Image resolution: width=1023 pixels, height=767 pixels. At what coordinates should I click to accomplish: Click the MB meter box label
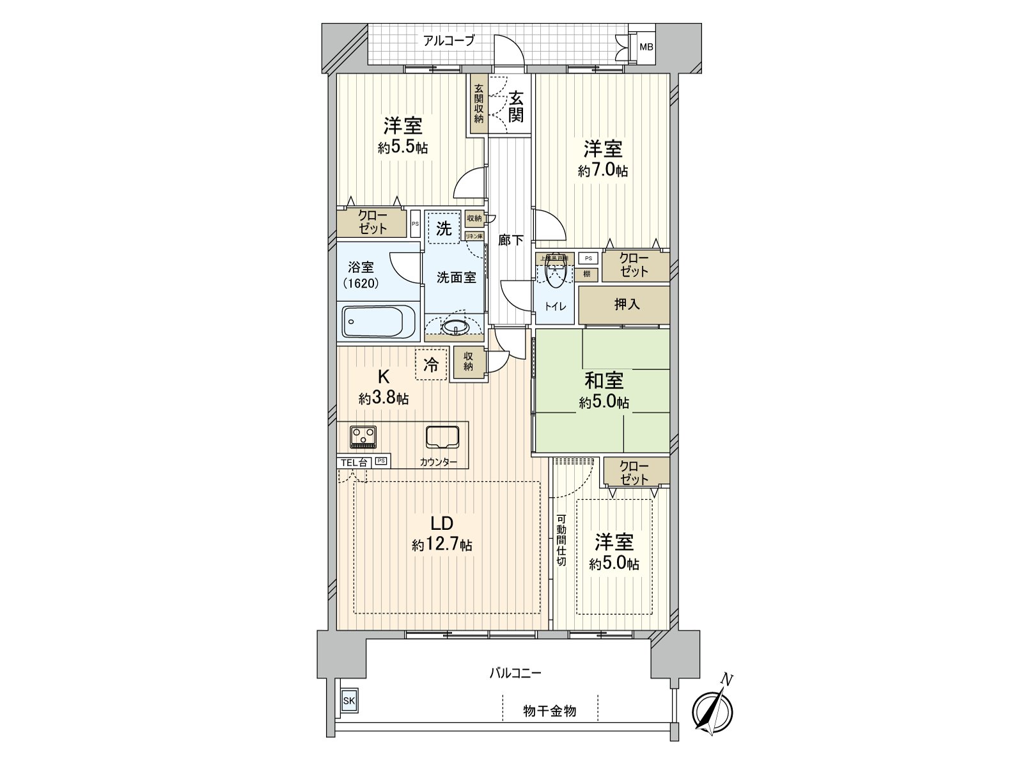[647, 47]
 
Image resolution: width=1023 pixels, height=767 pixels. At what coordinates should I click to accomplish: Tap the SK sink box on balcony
[348, 701]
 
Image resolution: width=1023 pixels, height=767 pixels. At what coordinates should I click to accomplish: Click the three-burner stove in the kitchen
[363, 437]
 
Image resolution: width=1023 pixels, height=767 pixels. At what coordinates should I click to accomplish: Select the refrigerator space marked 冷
[432, 365]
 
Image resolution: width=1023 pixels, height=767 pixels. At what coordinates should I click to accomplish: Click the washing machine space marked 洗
[443, 228]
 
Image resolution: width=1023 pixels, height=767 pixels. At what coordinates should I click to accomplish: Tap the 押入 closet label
[627, 304]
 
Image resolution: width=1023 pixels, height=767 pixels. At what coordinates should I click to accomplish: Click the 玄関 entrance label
[516, 107]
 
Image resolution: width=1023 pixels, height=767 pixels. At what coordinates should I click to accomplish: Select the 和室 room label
[604, 381]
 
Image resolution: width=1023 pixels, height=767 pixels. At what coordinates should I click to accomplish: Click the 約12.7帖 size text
[442, 545]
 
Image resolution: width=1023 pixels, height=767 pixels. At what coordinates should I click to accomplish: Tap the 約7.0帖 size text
[602, 171]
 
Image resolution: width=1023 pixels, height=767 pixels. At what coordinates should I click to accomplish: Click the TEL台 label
[353, 462]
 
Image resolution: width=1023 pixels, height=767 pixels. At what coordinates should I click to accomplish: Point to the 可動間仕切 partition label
[561, 540]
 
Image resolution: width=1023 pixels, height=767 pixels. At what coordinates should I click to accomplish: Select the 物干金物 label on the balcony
[549, 710]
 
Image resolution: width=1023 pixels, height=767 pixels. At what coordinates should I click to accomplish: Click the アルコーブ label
[449, 41]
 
